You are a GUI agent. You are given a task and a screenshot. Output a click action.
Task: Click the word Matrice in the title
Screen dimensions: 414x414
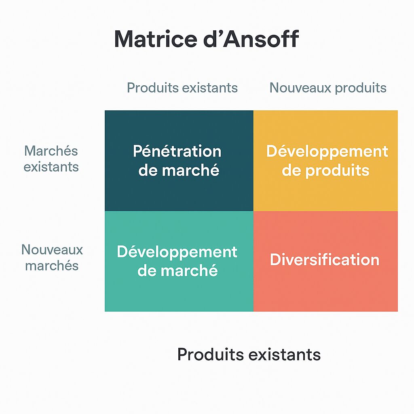tap(156, 39)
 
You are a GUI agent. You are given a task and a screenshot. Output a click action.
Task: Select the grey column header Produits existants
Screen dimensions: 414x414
tap(182, 88)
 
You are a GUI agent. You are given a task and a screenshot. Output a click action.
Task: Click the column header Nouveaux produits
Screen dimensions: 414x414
tap(328, 88)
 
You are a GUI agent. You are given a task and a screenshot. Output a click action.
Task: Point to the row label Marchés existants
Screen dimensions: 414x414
tap(51, 159)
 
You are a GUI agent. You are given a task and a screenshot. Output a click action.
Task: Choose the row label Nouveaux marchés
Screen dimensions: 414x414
tap(52, 258)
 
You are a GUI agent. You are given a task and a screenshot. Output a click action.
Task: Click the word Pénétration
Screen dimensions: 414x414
tap(177, 151)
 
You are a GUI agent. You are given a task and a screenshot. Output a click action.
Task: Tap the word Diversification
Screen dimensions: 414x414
tap(325, 260)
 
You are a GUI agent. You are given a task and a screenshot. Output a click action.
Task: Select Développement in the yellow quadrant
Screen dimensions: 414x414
tap(327, 152)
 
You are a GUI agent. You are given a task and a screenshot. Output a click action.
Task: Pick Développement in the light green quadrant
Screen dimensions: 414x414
tap(177, 252)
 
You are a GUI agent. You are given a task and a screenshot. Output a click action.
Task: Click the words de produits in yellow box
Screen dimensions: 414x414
tap(325, 171)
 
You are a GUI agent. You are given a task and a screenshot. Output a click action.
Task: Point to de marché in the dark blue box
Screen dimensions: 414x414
tap(179, 170)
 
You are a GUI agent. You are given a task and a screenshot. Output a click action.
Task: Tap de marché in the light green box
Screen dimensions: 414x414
tap(177, 270)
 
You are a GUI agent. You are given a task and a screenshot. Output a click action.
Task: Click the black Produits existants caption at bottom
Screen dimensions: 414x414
tap(249, 354)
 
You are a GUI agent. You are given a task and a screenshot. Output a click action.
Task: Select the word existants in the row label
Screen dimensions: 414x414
tap(51, 167)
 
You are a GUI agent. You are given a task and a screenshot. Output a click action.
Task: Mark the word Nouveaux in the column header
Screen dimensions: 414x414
tap(300, 88)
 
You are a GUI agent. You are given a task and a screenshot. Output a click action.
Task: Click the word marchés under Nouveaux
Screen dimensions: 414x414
tap(52, 265)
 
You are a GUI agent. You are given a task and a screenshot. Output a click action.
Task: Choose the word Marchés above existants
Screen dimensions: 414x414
tap(51, 151)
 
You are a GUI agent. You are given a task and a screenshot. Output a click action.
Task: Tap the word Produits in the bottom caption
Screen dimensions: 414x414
tap(210, 354)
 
